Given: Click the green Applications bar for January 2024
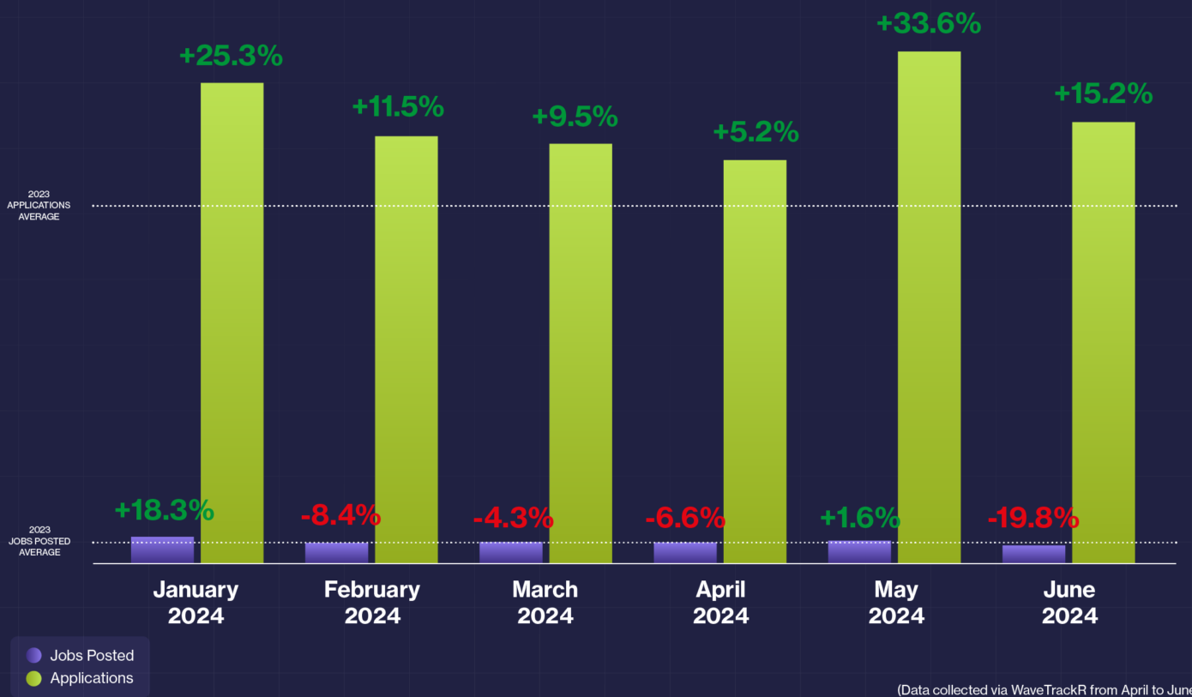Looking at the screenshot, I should click(x=232, y=322).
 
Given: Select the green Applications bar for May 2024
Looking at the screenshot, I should click(x=929, y=307).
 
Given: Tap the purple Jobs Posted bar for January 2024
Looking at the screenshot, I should click(x=162, y=550).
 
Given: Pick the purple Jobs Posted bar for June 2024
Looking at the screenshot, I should click(x=1033, y=554).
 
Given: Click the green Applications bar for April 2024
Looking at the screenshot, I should click(x=755, y=361).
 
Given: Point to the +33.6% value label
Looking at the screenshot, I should click(x=928, y=23).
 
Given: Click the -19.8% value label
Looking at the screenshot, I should click(x=1032, y=518).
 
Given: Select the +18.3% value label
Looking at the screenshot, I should click(x=163, y=510).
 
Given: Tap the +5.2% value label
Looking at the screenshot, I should click(x=756, y=132).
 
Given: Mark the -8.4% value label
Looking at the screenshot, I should click(x=340, y=515).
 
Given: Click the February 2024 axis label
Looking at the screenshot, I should click(x=372, y=602).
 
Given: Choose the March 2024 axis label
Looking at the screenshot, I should click(x=545, y=602).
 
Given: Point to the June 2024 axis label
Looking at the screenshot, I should click(x=1069, y=602).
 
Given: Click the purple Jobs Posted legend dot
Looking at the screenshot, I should click(x=33, y=655).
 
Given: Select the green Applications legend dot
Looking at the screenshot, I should click(x=33, y=678).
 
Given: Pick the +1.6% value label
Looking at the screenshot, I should click(x=860, y=518).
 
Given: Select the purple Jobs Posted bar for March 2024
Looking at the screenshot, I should click(x=511, y=552).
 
